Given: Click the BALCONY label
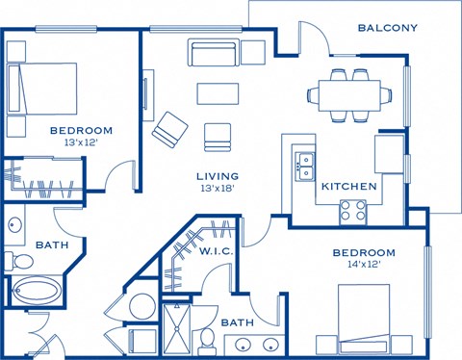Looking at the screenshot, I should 387,28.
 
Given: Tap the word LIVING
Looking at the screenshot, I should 218,175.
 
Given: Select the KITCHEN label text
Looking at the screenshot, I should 348,186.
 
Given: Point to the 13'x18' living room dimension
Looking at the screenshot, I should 218,189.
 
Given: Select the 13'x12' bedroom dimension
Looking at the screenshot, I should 82,142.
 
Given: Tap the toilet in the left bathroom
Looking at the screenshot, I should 14,261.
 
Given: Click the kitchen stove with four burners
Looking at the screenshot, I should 352,210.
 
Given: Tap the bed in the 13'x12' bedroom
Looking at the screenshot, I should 42,90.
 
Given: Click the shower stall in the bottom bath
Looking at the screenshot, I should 177,328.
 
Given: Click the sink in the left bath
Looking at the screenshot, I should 15,227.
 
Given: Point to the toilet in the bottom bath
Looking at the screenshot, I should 207,338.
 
